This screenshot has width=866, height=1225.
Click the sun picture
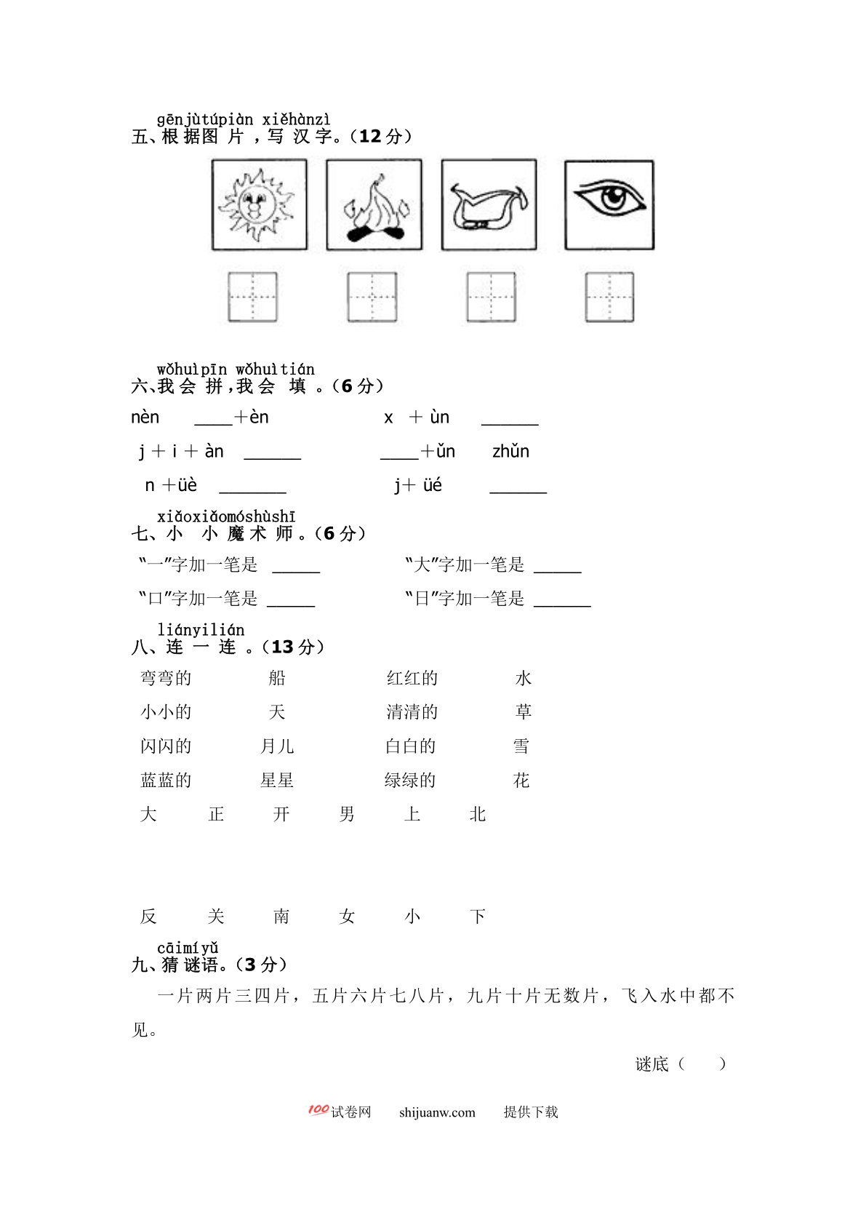click(x=259, y=205)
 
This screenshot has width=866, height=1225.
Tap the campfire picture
click(x=374, y=205)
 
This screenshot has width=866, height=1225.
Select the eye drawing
click(x=609, y=205)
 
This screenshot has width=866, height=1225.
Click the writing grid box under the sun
click(x=252, y=297)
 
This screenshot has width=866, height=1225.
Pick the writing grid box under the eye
click(x=609, y=297)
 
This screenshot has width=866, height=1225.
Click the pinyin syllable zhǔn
click(x=510, y=452)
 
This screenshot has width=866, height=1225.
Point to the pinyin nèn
click(x=145, y=418)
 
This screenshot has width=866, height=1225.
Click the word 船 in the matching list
click(x=277, y=678)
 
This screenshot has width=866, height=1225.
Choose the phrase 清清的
click(x=412, y=712)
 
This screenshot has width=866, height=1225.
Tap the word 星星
click(x=277, y=781)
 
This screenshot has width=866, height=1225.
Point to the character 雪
click(x=521, y=746)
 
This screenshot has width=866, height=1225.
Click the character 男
click(x=347, y=814)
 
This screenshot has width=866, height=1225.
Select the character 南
click(x=281, y=917)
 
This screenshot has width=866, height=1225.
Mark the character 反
click(x=148, y=917)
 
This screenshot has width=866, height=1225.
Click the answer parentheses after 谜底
click(x=702, y=1064)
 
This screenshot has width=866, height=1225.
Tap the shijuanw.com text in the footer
click(x=437, y=1112)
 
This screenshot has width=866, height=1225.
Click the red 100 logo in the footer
click(x=318, y=1110)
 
